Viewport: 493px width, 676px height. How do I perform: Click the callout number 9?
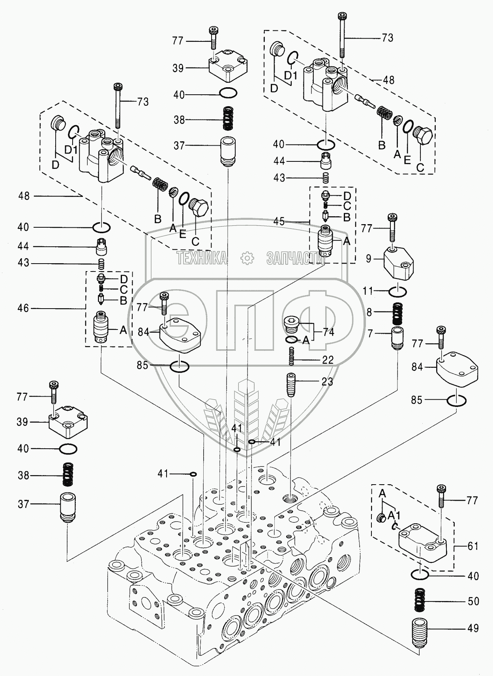(x=368, y=259)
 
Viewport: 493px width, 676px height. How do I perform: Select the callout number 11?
(x=368, y=291)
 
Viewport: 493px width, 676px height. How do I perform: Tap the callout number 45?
(x=279, y=221)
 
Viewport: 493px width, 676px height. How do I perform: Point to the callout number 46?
(x=23, y=308)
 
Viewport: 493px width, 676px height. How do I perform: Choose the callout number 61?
(x=473, y=546)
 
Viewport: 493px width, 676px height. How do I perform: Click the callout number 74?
(x=328, y=332)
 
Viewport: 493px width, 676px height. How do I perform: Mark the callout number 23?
(x=327, y=382)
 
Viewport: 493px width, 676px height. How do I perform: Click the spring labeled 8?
(x=397, y=313)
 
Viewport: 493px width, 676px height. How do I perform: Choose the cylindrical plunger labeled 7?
(x=397, y=337)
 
